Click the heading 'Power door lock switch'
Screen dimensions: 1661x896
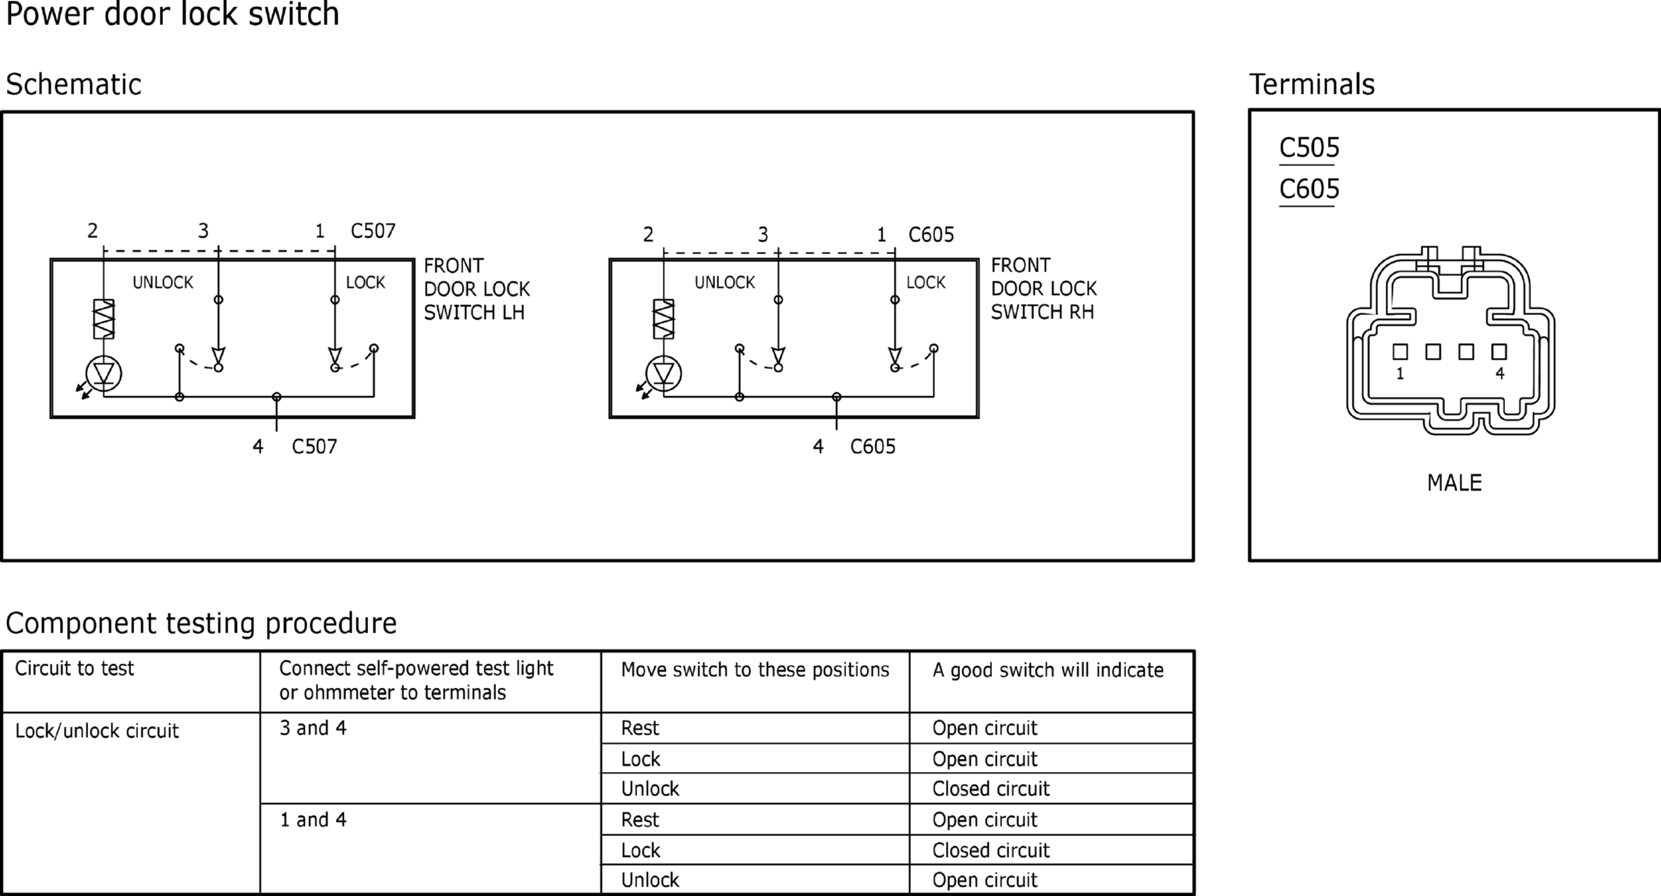click(172, 14)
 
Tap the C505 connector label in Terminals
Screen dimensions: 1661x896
click(1309, 147)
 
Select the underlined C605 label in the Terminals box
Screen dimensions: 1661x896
click(1309, 189)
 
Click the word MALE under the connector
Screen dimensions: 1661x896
click(1454, 483)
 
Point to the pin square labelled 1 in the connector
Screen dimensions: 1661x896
click(1400, 352)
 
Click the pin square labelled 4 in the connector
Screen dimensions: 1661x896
click(1499, 352)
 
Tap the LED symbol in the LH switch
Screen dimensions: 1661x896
click(104, 374)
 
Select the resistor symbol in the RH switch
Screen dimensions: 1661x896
click(664, 319)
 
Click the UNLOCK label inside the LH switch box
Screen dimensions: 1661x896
click(163, 282)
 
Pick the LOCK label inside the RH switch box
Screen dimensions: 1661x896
click(926, 282)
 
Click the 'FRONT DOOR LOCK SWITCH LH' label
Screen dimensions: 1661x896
click(476, 289)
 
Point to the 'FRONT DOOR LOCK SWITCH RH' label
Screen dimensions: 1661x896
click(1043, 289)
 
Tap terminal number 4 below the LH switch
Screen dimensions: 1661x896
click(258, 447)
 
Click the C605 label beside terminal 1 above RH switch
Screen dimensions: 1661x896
click(931, 235)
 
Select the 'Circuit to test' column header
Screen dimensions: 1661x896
click(75, 668)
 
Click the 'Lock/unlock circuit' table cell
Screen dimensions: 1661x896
click(97, 731)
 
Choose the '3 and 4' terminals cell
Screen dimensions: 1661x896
click(313, 728)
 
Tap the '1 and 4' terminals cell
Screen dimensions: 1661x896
click(313, 820)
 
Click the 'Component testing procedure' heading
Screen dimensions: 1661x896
click(201, 623)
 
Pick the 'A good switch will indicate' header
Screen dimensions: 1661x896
click(1048, 670)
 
